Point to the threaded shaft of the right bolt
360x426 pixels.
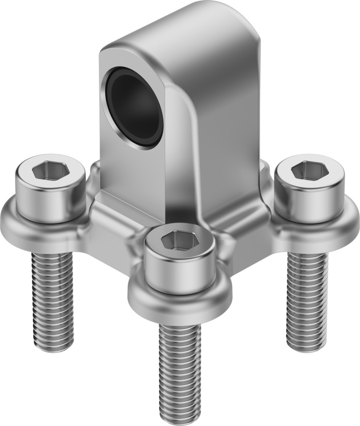307,298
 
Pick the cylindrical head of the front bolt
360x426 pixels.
181,273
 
